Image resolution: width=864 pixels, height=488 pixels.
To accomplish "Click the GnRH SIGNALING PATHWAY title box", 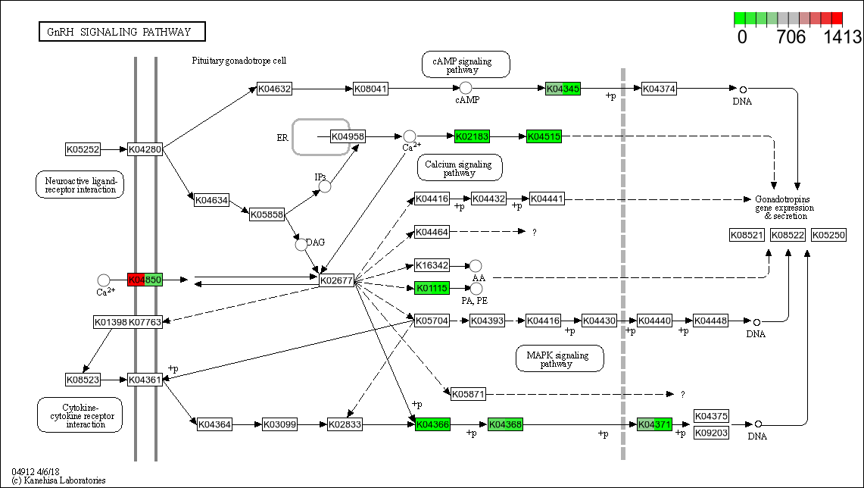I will tap(122, 32).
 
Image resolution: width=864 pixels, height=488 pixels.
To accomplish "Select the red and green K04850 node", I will tap(145, 280).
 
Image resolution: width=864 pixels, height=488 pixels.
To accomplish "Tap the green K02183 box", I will tap(472, 136).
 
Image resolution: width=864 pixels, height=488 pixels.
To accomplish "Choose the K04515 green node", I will tap(544, 136).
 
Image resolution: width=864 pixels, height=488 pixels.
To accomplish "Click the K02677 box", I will tap(336, 280).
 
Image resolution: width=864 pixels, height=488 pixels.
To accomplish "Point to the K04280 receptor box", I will tap(145, 149).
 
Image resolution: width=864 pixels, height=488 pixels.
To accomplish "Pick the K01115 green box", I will tap(432, 288).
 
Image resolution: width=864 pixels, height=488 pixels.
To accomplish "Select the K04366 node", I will tap(432, 424).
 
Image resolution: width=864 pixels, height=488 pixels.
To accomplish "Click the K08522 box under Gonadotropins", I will tap(788, 235).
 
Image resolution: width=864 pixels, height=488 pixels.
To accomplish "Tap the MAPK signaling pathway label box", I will tap(560, 358).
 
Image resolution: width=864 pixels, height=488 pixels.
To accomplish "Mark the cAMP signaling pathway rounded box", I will tap(466, 64).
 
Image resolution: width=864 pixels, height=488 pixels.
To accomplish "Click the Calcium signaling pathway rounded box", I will tap(459, 167).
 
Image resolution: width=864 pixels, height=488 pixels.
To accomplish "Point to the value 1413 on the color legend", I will tap(842, 37).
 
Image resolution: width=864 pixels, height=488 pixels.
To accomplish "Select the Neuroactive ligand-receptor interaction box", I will tap(80, 184).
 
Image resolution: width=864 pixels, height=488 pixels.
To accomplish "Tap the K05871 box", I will tap(468, 394).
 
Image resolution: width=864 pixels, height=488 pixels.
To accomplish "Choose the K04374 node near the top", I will tap(658, 89).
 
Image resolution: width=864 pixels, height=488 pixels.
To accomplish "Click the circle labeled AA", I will tap(476, 265).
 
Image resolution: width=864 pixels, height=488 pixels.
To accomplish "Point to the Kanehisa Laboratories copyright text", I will tap(58, 480).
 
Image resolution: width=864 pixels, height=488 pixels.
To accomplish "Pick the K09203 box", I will tap(711, 433).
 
